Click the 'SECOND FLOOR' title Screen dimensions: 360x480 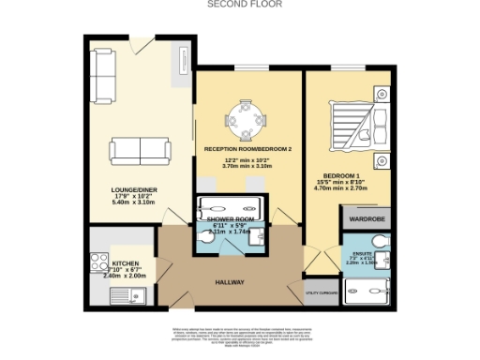(x=239, y=5)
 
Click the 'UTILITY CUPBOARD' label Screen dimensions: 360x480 (x=322, y=293)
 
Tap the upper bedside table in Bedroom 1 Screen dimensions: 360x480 (x=382, y=93)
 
